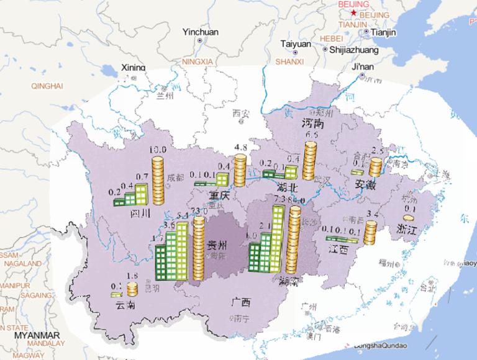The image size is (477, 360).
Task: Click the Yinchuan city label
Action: point(201,32)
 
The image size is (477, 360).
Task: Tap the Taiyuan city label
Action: point(296,44)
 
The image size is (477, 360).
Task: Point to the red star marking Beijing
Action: point(353,12)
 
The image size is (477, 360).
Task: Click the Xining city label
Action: point(133,68)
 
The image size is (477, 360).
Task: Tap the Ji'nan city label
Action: point(363,66)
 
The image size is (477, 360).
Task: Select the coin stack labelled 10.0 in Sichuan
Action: point(158,180)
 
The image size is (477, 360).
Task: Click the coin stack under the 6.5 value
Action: point(311,161)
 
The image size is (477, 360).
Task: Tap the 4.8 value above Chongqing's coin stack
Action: point(240,147)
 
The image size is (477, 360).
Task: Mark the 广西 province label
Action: point(240,302)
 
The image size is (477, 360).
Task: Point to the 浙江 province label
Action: point(408,229)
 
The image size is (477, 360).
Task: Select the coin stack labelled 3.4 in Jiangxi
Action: point(370,233)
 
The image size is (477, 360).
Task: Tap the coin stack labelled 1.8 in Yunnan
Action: point(132,289)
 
